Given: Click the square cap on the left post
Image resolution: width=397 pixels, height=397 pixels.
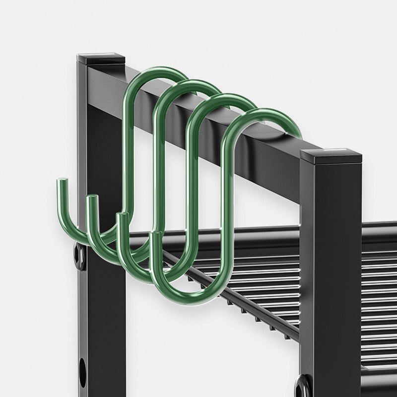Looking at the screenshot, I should tap(104, 58).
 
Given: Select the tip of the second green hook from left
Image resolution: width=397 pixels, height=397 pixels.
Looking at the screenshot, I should tap(91, 199).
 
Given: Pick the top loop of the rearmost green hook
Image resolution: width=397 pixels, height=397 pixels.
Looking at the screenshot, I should tap(154, 74).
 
